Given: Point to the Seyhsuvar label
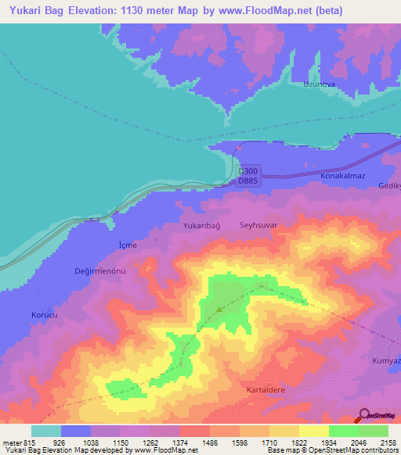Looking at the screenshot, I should pyautogui.click(x=258, y=224).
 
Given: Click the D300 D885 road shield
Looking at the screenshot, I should pyautogui.click(x=247, y=176).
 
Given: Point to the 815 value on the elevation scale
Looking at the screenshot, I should pyautogui.click(x=28, y=442).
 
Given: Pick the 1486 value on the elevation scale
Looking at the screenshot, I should pyautogui.click(x=210, y=442).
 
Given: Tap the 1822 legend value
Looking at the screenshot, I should pyautogui.click(x=299, y=442).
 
